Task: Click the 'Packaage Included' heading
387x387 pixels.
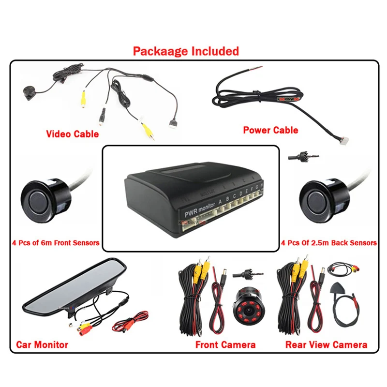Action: [x=186, y=51]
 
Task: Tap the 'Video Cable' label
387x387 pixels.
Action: [x=72, y=134]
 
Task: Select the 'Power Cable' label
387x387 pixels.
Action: [x=270, y=130]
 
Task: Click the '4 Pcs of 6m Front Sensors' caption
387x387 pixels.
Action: [x=56, y=242]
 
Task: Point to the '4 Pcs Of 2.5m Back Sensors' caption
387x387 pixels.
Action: [x=329, y=242]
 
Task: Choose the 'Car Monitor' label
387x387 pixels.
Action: [x=42, y=345]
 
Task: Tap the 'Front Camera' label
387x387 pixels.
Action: [x=225, y=345]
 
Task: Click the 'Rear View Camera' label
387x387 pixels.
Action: [x=326, y=345]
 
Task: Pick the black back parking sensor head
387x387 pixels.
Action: [x=317, y=197]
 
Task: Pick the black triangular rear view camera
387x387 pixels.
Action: [x=338, y=288]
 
